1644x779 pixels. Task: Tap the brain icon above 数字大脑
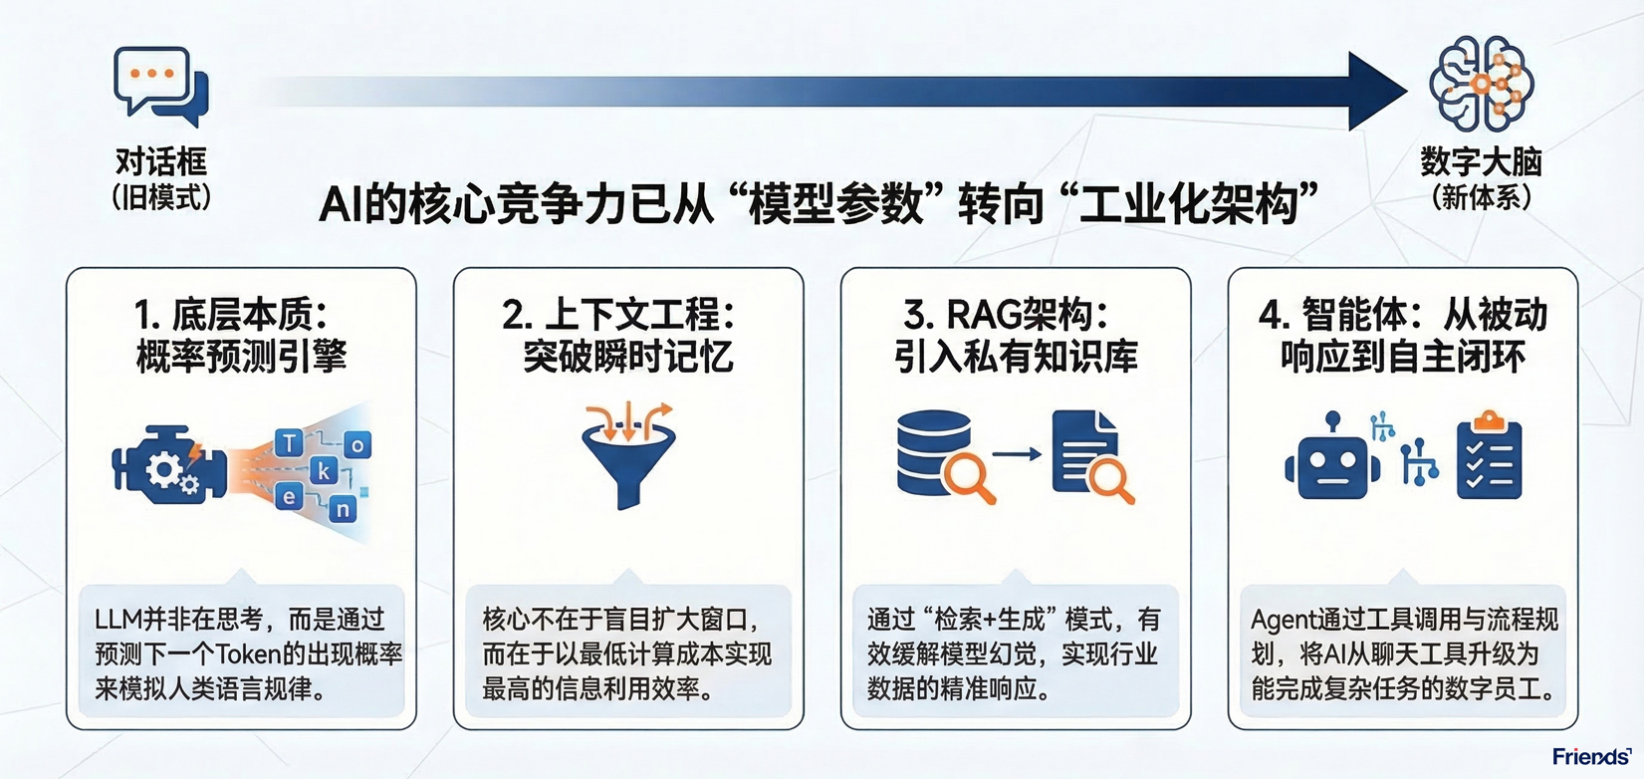1481,85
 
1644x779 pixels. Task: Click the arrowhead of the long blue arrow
1377,92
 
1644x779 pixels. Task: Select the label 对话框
161,161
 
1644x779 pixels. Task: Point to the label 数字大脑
1481,161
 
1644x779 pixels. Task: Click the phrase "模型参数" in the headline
835,204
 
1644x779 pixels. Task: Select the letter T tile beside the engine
289,443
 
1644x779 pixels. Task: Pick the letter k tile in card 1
323,470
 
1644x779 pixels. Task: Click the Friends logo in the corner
1590,757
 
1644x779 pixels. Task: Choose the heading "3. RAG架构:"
1006,315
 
